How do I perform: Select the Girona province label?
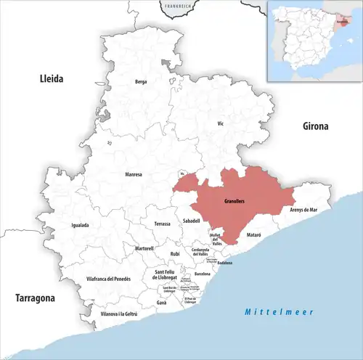(x=315, y=126)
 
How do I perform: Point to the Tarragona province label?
(x=35, y=298)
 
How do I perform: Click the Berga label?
(x=141, y=82)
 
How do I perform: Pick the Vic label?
(x=221, y=124)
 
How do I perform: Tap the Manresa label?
(x=133, y=175)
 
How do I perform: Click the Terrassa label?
(x=162, y=224)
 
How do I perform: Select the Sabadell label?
(x=191, y=219)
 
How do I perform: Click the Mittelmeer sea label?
(x=278, y=311)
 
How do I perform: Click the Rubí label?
(x=174, y=253)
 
